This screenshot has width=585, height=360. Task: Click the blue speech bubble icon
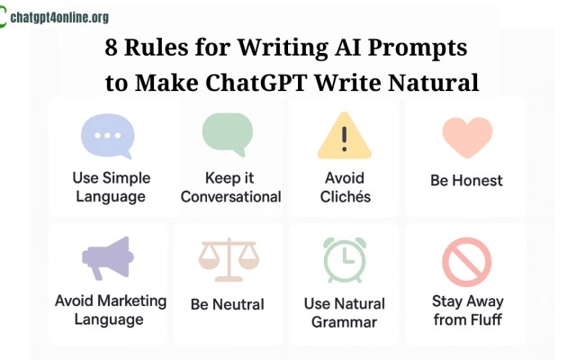coord(107,138)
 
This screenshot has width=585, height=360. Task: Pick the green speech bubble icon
coord(229,135)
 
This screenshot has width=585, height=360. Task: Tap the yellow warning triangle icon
coord(344,138)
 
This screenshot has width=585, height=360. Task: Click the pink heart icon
coord(466,138)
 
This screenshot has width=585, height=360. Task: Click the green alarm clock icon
coord(345,259)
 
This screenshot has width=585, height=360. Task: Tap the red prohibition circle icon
coord(466,262)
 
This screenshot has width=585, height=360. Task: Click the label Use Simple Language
coord(112,186)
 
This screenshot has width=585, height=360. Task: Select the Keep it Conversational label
coord(230,186)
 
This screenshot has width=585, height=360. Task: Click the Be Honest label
coord(466,180)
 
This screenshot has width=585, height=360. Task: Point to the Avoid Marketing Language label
coord(111,309)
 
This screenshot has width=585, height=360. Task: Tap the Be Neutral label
coord(227,303)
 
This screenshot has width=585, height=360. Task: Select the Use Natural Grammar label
coord(344,311)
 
